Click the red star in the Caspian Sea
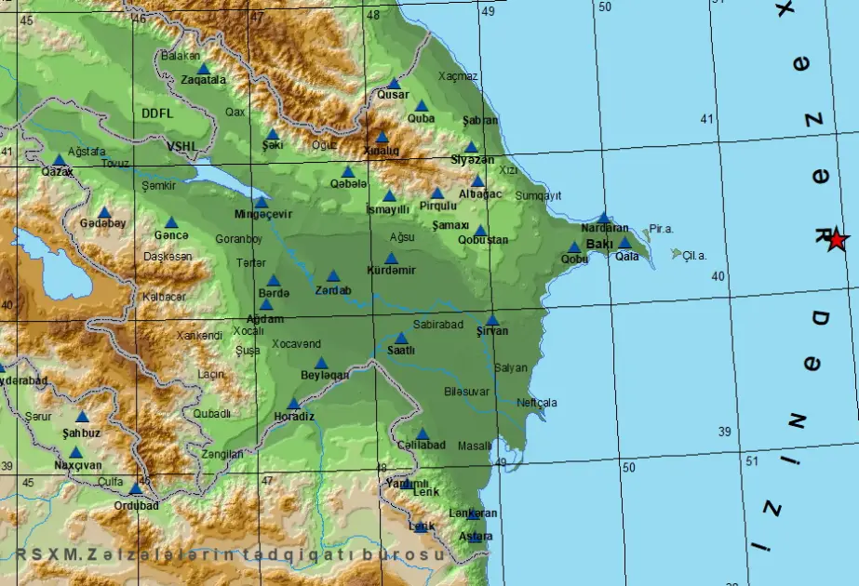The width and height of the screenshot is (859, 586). coord(836,239)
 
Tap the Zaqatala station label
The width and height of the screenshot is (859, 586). coord(203,80)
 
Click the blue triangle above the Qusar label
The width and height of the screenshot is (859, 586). coord(394,83)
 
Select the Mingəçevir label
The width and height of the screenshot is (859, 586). coord(263,214)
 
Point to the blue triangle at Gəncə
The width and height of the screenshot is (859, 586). coord(171,222)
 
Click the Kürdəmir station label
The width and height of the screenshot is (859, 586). coord(391,271)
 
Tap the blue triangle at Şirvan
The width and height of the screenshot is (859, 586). coord(491,319)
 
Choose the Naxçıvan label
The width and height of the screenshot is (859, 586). coord(77,465)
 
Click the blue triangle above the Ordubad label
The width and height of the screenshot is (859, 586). coord(136,488)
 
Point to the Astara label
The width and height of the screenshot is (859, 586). coord(476,537)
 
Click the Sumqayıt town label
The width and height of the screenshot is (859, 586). coord(539,195)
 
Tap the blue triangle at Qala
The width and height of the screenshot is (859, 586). coord(625,243)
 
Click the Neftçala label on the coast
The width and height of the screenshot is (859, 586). coord(537,403)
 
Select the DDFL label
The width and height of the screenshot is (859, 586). coord(157,113)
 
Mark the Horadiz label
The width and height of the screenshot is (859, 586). coord(294,416)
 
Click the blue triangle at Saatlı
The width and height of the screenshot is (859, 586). coord(401,338)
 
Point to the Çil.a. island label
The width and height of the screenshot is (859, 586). coord(694,255)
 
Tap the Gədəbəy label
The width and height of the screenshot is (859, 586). coord(102,223)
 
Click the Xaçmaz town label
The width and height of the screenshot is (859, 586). coord(458,76)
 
